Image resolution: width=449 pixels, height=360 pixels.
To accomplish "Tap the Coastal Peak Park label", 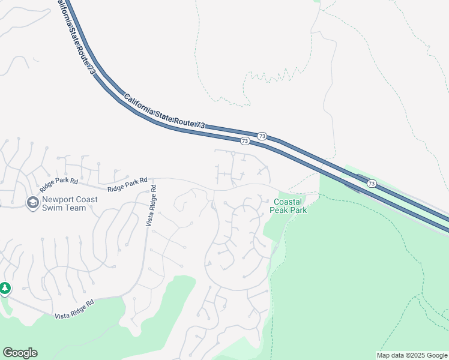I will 290,206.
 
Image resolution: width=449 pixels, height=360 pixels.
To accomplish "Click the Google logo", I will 20,353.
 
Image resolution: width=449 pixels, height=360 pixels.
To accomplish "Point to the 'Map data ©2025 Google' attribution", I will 412,355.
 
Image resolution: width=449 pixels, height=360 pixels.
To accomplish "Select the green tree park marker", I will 5,289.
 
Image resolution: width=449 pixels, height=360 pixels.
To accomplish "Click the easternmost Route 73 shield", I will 372,184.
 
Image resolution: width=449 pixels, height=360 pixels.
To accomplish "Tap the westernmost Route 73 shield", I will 244,141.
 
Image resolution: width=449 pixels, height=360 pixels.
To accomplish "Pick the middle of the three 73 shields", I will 262,136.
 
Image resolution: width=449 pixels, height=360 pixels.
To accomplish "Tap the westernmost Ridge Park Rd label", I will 59,181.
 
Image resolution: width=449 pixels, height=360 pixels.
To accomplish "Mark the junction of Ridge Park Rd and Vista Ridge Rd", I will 151,179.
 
